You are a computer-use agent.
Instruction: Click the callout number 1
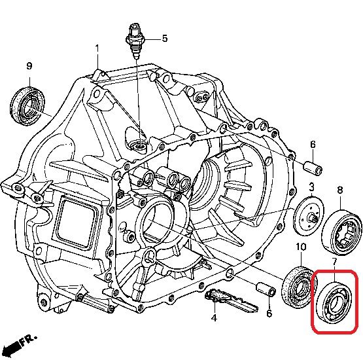tap(97, 49)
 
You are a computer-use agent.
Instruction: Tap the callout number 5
tap(165, 38)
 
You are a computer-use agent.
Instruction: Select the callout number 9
tap(29, 66)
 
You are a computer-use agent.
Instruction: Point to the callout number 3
tap(311, 187)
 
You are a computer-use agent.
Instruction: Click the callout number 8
tap(340, 190)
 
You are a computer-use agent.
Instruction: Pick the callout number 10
tap(301, 247)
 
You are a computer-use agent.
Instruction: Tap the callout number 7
tap(334, 263)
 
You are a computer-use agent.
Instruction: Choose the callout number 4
tap(214, 318)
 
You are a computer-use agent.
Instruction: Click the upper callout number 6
tap(313, 144)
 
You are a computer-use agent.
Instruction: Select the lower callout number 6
tap(269, 314)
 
